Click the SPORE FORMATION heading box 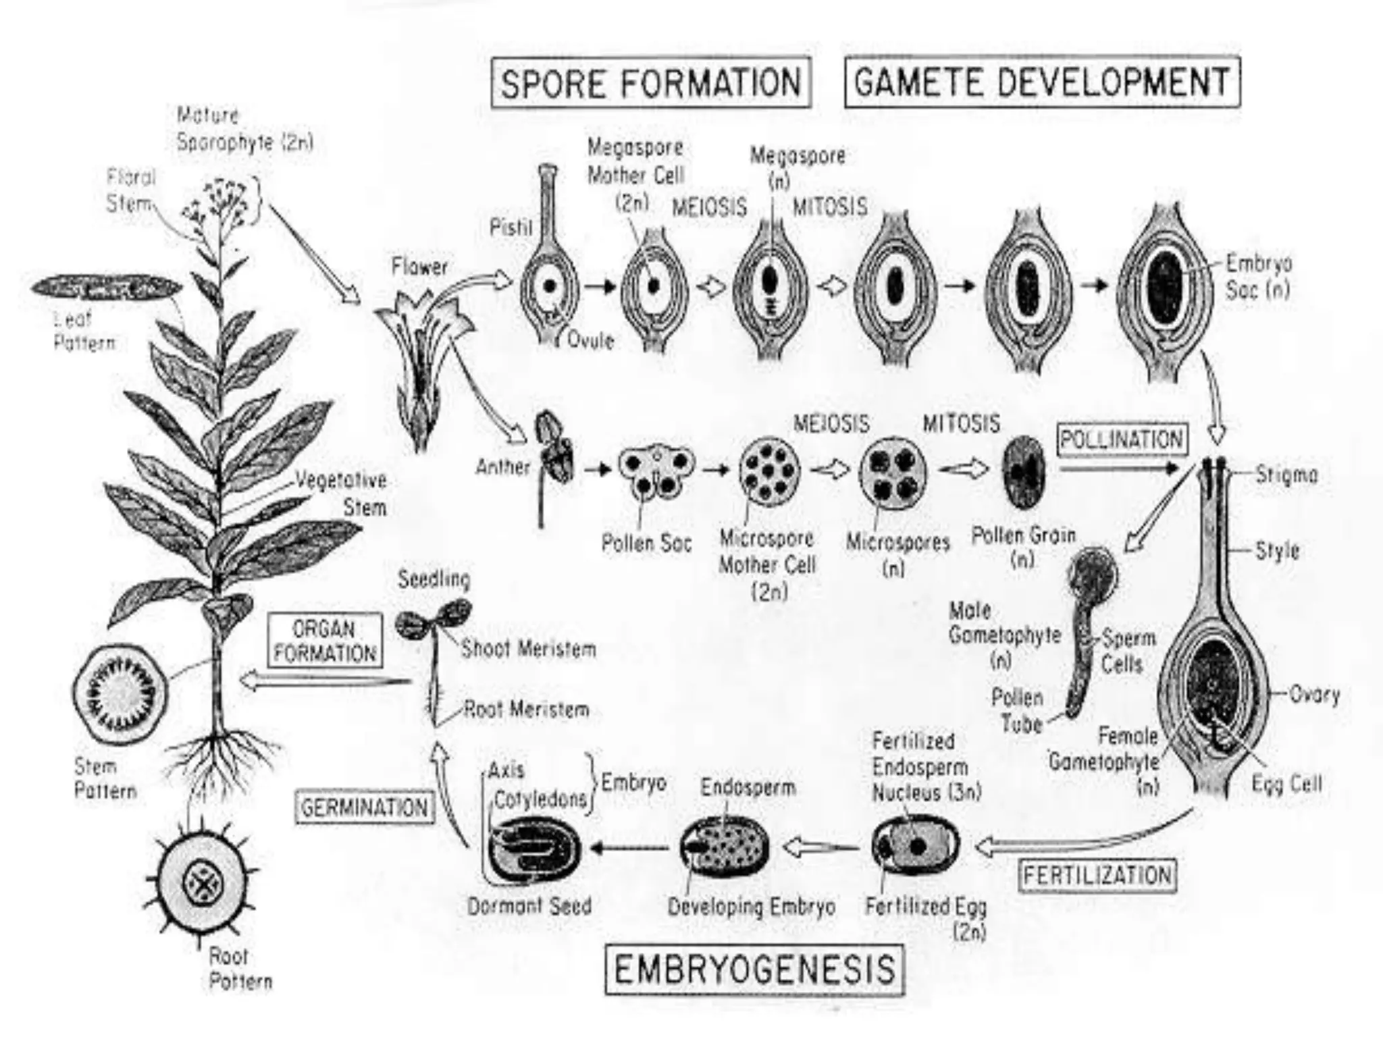[x=651, y=82]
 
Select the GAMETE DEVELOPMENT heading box [x=1042, y=82]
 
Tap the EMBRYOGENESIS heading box [x=754, y=970]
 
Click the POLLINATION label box [x=1122, y=440]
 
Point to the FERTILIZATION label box [x=1097, y=875]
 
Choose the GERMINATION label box [x=364, y=807]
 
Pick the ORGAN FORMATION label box [x=325, y=641]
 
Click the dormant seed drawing [x=534, y=849]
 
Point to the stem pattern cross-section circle [x=122, y=694]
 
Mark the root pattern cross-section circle [x=202, y=882]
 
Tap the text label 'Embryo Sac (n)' [x=1258, y=277]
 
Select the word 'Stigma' [x=1286, y=475]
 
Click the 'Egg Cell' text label [x=1286, y=784]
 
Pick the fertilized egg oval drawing [x=916, y=846]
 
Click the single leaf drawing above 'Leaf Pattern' [x=107, y=288]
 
